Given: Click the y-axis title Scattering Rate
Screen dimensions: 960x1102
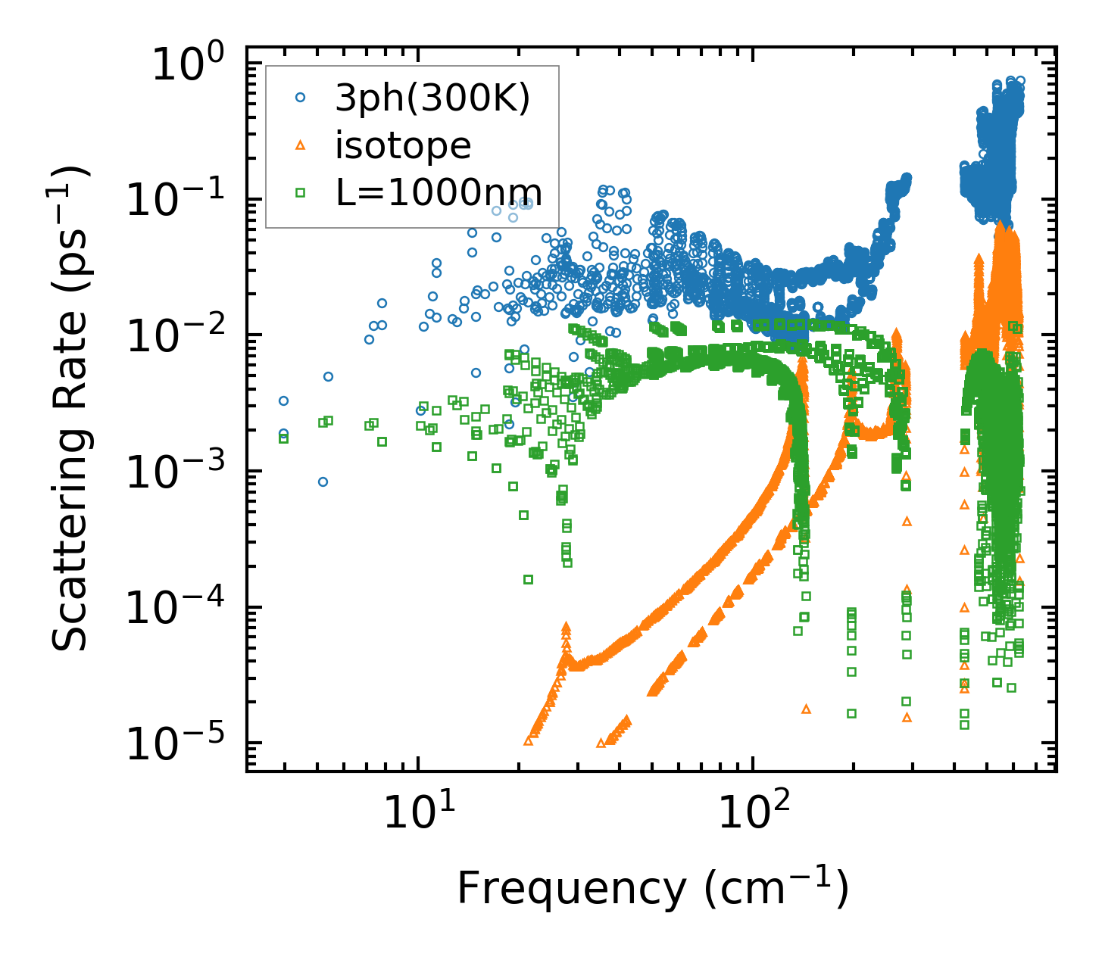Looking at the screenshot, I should [x=71, y=409].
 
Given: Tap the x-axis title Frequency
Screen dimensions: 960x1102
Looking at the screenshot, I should [x=651, y=887].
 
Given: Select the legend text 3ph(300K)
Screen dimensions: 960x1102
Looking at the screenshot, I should [x=432, y=98].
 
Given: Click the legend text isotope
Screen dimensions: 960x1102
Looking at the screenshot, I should [x=403, y=145].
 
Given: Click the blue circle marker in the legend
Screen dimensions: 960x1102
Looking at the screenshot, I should [x=301, y=98].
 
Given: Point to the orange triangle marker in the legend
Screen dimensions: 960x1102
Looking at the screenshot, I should [x=301, y=145].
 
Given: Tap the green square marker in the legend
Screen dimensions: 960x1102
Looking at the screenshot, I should [x=301, y=193].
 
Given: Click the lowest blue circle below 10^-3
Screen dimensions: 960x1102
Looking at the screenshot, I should [x=323, y=482].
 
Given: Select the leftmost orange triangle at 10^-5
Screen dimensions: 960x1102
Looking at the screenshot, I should [x=528, y=741].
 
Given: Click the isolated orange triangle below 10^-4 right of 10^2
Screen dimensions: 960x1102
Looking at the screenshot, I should [x=806, y=709].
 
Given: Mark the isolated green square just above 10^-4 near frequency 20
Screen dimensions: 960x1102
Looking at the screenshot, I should [x=528, y=580].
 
